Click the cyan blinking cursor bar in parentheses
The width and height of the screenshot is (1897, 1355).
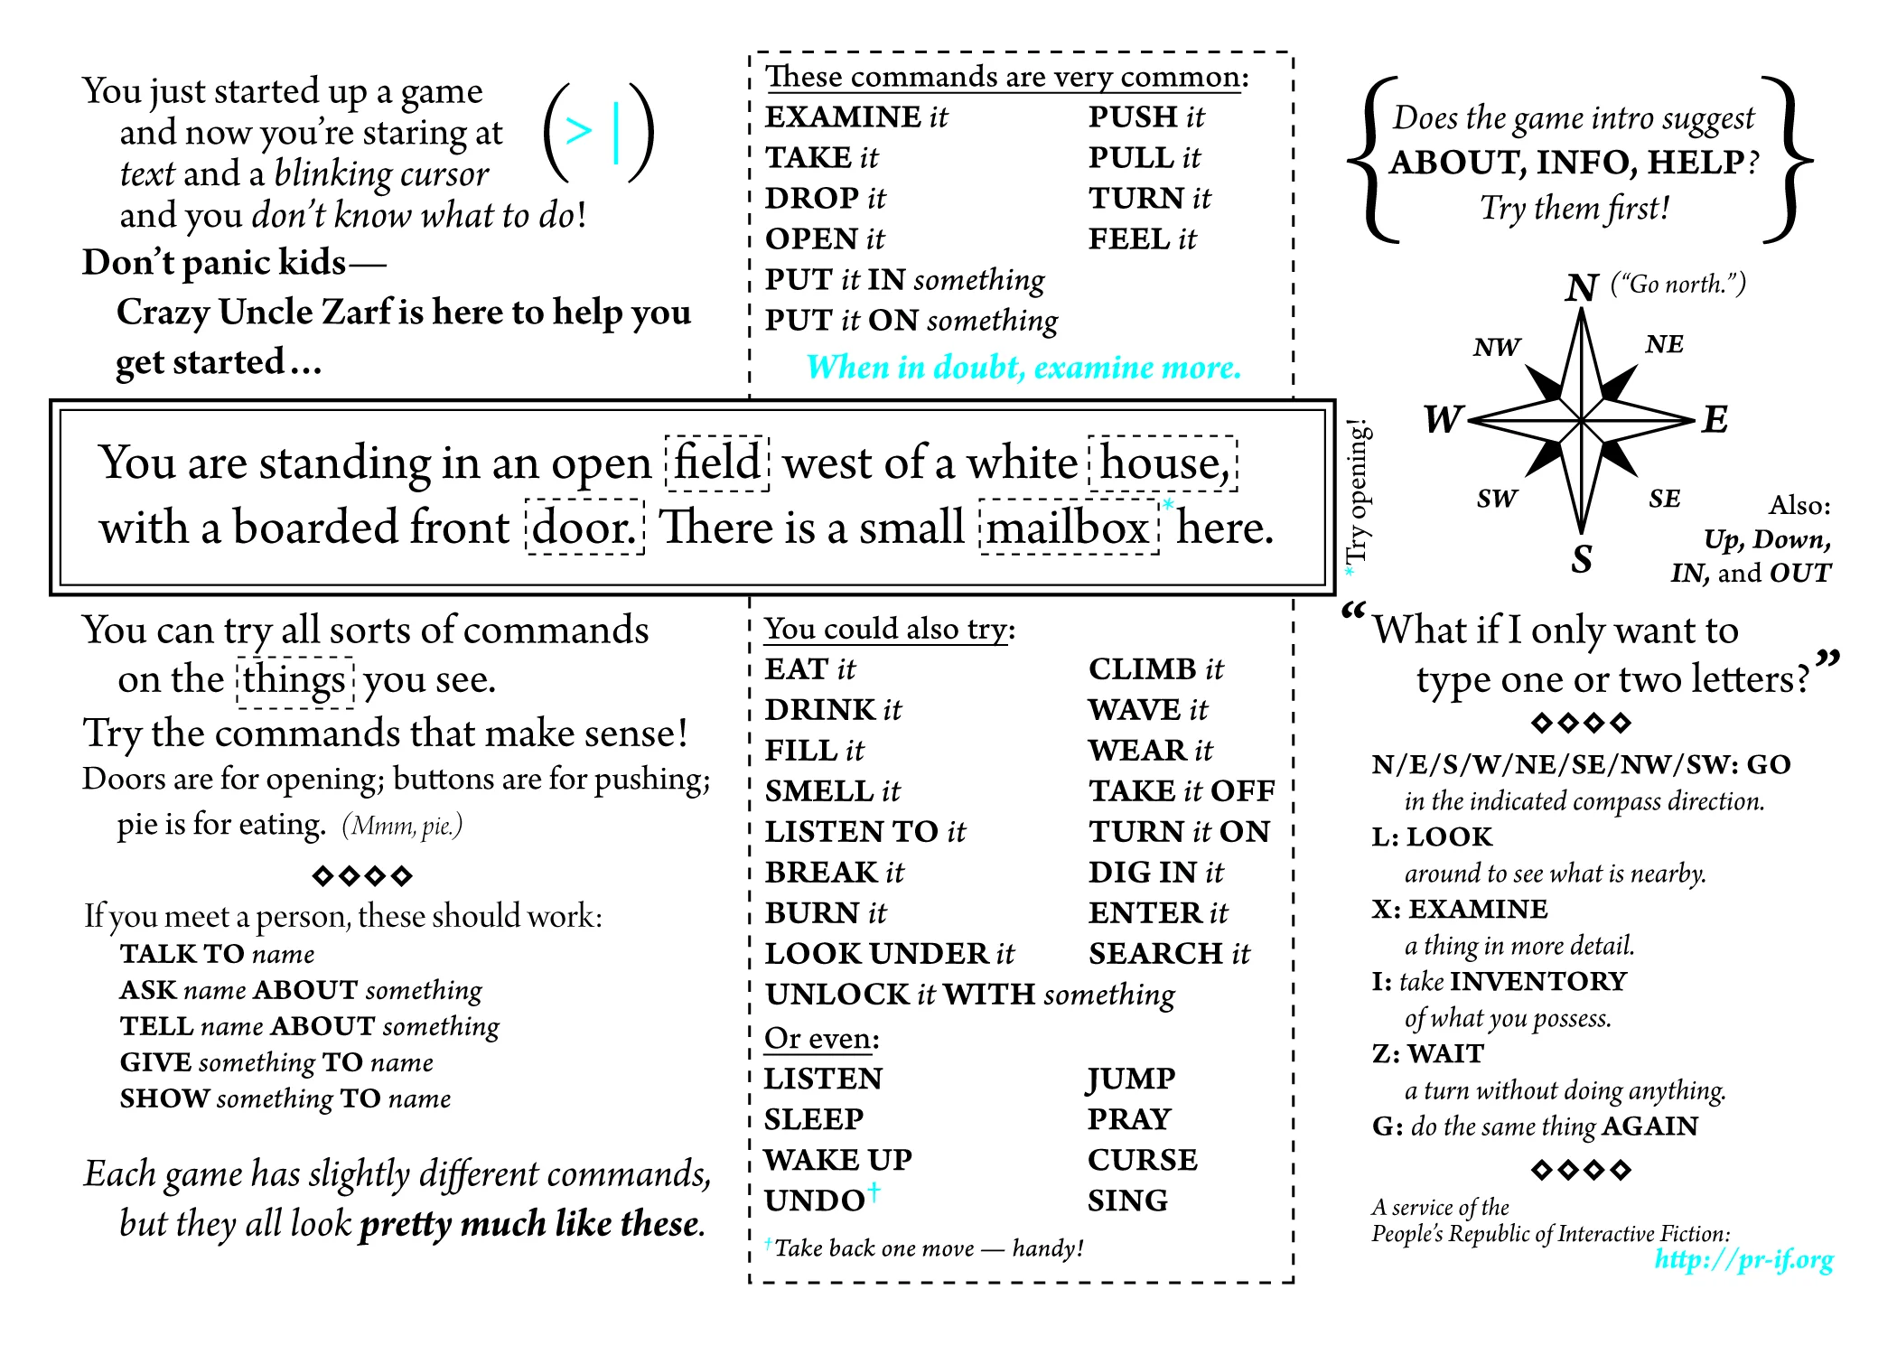click(616, 133)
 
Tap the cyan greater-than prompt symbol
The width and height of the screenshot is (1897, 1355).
click(578, 131)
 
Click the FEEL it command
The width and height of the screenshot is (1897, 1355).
click(1141, 239)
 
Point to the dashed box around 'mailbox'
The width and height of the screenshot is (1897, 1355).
click(1069, 528)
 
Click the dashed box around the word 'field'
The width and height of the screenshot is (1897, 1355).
click(717, 463)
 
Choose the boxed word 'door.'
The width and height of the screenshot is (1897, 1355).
click(584, 528)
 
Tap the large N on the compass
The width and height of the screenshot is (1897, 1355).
click(1582, 288)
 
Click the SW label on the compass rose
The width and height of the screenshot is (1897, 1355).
click(1497, 499)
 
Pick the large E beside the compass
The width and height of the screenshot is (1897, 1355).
click(1714, 420)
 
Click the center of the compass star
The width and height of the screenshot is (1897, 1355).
click(1582, 421)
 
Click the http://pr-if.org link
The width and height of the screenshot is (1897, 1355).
click(1743, 1259)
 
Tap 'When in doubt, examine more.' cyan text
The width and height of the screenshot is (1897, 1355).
click(1023, 368)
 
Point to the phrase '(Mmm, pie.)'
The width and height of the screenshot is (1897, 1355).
click(402, 826)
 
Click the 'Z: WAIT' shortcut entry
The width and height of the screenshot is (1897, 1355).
click(1427, 1054)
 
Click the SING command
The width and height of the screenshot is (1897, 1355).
click(1127, 1201)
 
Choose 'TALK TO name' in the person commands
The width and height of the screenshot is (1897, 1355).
click(218, 954)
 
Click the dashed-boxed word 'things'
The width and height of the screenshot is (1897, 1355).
click(294, 680)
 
